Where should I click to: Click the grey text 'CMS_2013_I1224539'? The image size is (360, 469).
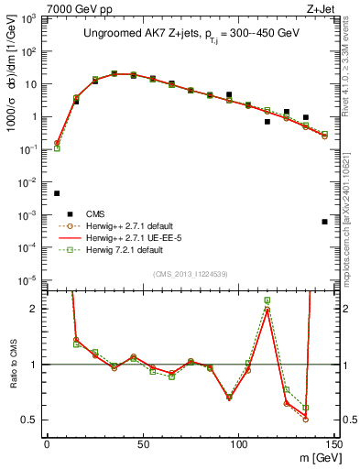point(191,273)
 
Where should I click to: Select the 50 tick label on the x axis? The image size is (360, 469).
point(142,444)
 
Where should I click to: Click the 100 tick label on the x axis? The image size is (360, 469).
point(238,444)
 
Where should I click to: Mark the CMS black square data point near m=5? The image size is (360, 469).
point(57,193)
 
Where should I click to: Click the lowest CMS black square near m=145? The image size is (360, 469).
point(325,222)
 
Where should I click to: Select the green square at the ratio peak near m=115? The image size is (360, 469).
point(267,300)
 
